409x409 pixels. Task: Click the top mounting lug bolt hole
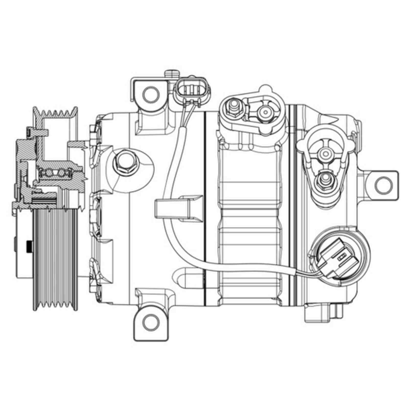tap(150, 94)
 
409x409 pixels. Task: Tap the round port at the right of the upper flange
tap(265, 112)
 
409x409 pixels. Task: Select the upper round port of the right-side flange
tap(326, 153)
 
